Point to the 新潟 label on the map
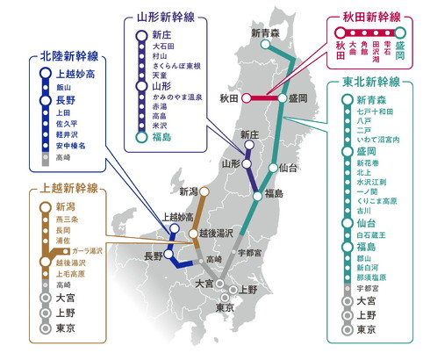(x=188, y=191)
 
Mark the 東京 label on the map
(x=226, y=306)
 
